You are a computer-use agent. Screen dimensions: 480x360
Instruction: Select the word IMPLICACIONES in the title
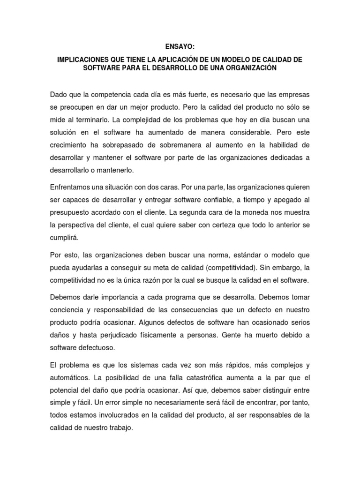coord(83,60)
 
